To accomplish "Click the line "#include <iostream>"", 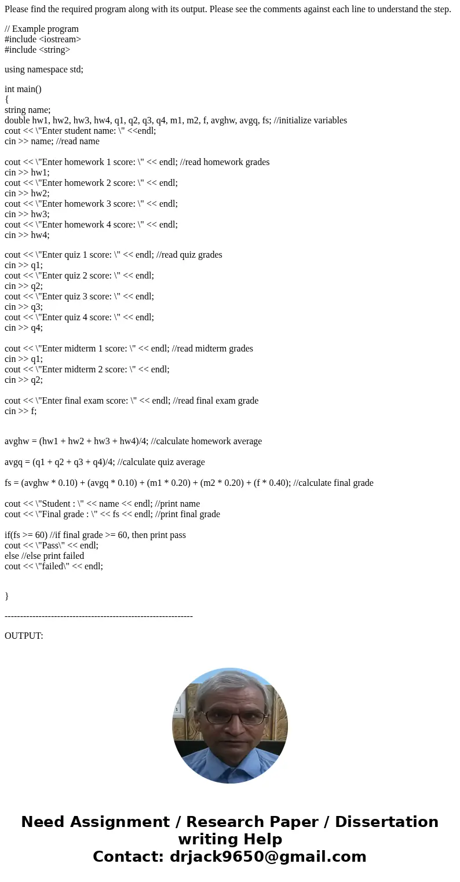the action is [x=43, y=39].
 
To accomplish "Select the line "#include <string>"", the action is [x=38, y=50].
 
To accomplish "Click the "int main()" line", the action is [x=23, y=89].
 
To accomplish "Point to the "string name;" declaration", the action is [x=28, y=110].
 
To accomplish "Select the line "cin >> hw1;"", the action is [x=27, y=173].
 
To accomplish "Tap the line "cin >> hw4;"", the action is [x=27, y=235].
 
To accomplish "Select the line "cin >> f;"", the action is [x=21, y=411].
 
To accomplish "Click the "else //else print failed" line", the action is [x=45, y=556].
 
